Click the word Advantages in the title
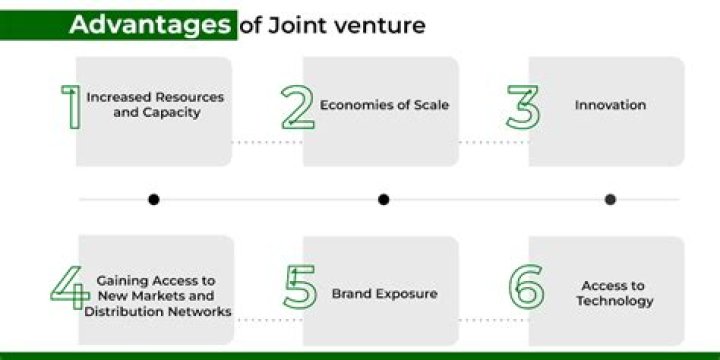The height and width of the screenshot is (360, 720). coord(149,25)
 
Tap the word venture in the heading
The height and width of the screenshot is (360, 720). coord(377,25)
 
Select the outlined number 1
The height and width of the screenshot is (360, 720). coord(71,107)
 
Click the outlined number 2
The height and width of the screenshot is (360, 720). coord(297,107)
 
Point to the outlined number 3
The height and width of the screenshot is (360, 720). coord(523,107)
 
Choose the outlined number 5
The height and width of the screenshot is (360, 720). coord(299,287)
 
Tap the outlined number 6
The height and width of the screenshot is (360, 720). coord(526,287)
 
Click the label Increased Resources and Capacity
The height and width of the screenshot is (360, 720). coord(155,105)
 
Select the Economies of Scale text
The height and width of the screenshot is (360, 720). coord(384,105)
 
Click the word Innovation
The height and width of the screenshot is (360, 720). coord(610,105)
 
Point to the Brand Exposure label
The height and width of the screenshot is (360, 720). coord(384,295)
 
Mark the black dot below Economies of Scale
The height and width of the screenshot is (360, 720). coord(383,199)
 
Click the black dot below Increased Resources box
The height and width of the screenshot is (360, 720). coord(153,199)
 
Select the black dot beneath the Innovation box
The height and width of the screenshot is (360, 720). coord(610,199)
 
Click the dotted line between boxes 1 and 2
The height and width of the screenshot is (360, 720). coord(267,142)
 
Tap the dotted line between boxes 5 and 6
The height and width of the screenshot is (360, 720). coord(493,320)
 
